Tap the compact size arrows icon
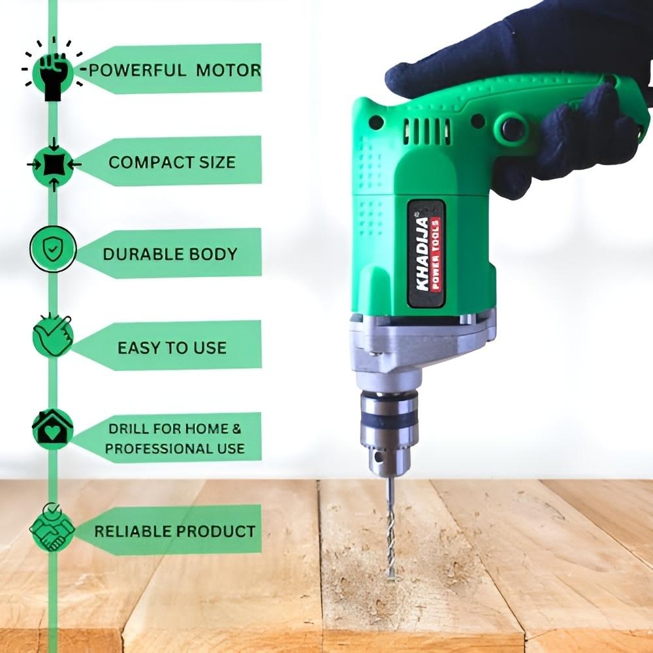click(x=54, y=165)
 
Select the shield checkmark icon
click(x=53, y=249)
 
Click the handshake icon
click(x=52, y=528)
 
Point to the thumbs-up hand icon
click(x=53, y=336)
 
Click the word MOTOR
click(x=228, y=70)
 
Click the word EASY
click(x=135, y=348)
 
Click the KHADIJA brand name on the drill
click(x=422, y=253)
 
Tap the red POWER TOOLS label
click(x=436, y=254)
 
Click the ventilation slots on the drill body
click(x=427, y=131)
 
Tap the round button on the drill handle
click(x=511, y=127)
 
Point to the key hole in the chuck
click(x=378, y=457)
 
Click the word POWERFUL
click(x=137, y=70)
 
